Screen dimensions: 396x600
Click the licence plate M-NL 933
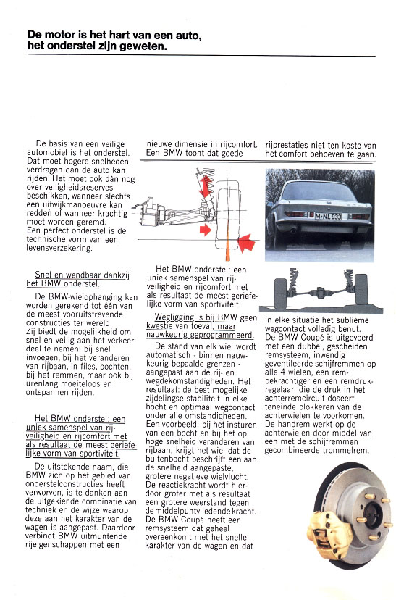[327, 216]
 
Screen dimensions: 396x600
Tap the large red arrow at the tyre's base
[246, 243]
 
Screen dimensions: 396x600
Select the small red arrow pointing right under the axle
[206, 230]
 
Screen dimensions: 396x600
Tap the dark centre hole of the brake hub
[374, 515]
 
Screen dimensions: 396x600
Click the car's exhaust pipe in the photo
[293, 231]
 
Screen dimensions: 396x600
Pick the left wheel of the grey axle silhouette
[280, 293]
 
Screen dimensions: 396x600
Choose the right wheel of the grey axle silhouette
[361, 288]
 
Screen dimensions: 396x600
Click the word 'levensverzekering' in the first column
[59, 248]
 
